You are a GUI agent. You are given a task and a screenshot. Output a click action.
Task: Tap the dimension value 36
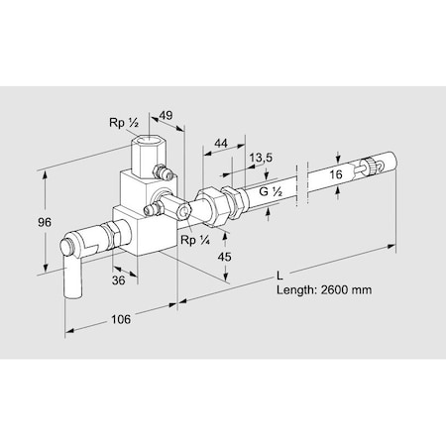pos(120,280)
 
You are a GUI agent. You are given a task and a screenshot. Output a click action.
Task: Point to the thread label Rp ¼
pos(192,241)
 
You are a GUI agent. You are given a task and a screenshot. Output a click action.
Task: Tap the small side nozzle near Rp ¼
pos(154,210)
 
